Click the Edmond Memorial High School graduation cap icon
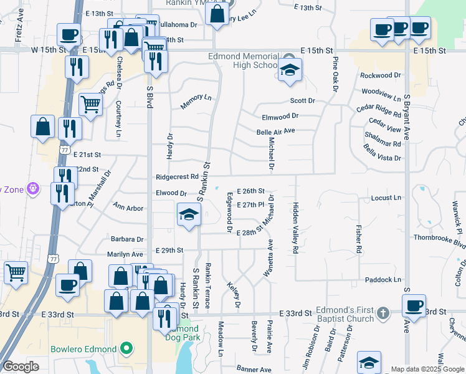tap(290, 70)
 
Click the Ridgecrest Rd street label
tap(177, 177)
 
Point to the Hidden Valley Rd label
tap(295, 227)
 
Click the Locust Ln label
tap(386, 198)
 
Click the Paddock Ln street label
tap(383, 280)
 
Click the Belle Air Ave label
tap(275, 132)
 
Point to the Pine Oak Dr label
tap(335, 72)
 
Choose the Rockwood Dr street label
tap(381, 75)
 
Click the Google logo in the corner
tap(21, 367)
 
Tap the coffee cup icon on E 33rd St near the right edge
tap(413, 305)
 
